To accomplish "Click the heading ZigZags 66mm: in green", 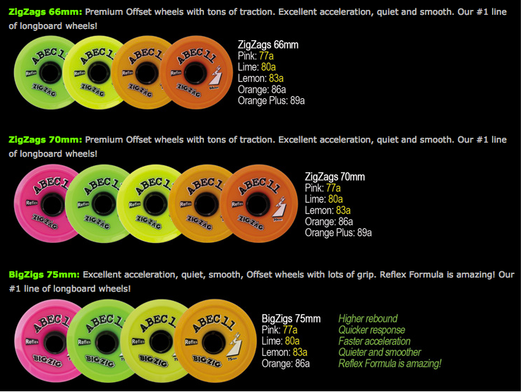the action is [46, 12].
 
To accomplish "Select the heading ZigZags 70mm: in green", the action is [46, 140].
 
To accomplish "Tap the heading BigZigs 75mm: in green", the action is [44, 274].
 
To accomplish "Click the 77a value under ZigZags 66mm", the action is [267, 56].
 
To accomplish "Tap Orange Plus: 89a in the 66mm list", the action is [272, 101].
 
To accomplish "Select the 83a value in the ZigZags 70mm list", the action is [343, 210].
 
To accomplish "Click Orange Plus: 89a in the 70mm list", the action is [338, 233].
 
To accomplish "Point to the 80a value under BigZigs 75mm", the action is [292, 341].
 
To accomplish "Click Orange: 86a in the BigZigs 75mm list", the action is [285, 364].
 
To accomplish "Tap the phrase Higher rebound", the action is [368, 319].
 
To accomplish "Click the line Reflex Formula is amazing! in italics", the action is [390, 364].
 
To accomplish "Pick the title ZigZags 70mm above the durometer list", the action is [335, 177].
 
